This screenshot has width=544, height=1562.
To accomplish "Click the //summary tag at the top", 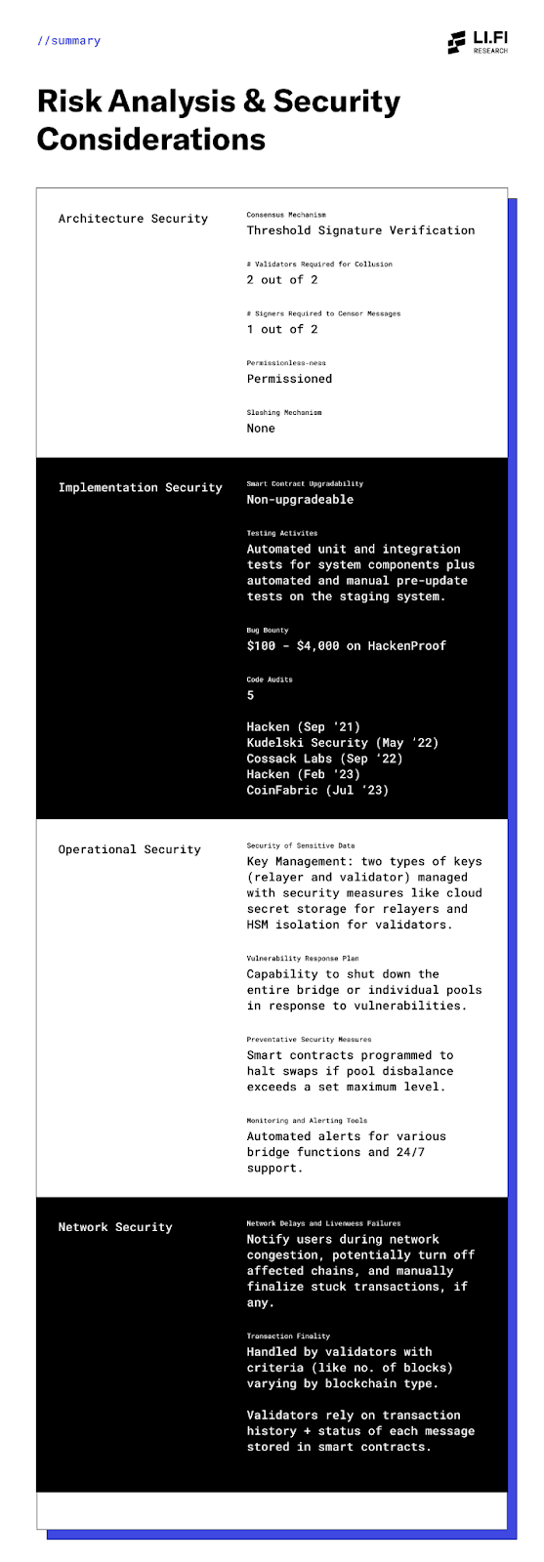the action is [69, 41].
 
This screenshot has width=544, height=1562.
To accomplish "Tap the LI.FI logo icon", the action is [457, 42].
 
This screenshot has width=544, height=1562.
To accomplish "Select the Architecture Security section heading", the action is [133, 219].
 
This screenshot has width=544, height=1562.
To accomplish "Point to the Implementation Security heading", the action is [140, 487].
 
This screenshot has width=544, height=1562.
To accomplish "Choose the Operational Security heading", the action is [129, 849].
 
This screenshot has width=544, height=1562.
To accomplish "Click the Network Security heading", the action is [115, 1227].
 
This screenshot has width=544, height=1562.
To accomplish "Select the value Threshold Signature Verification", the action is [360, 230].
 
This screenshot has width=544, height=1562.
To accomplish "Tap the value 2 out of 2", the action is [281, 280].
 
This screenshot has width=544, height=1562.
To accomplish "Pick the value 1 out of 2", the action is [281, 329].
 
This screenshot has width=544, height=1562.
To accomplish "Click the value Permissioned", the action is [289, 379].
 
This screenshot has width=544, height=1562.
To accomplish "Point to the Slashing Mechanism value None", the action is [261, 429].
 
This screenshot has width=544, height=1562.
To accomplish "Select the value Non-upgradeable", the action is [300, 500].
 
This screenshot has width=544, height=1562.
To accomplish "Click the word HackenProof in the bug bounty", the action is [406, 646].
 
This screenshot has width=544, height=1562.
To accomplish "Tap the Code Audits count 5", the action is [250, 695].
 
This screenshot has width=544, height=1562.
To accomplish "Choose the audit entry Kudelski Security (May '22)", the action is [342, 743].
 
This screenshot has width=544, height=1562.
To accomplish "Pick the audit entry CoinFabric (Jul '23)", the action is [317, 790].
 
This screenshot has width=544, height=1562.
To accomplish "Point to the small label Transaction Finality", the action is [288, 1336].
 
